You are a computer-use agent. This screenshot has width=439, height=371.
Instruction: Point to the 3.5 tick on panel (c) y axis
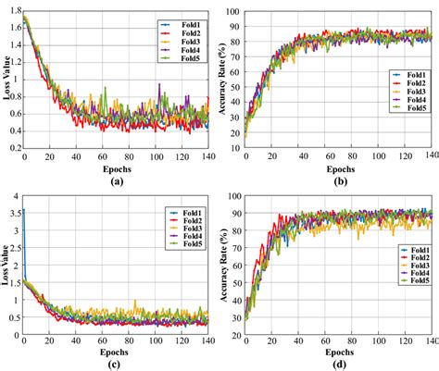click(x=13, y=212)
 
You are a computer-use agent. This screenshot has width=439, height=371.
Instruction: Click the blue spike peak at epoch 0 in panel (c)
click(x=22, y=211)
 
